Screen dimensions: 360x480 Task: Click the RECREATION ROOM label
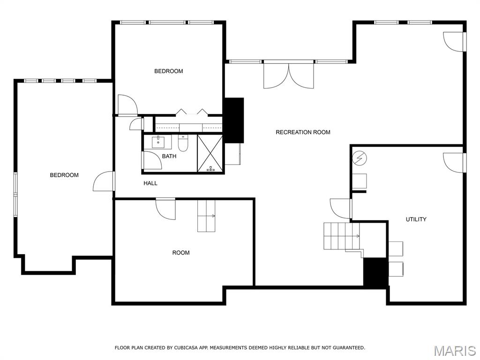303,132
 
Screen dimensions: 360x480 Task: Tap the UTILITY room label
416,219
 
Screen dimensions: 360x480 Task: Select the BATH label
169,156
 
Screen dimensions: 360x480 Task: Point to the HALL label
150,183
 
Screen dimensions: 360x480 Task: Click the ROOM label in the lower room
181,253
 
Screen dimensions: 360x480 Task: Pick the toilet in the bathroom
183,142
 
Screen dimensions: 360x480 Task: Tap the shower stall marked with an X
210,153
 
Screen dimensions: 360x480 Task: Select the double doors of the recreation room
289,75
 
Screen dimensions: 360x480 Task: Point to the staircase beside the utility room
341,236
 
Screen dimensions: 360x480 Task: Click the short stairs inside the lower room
206,216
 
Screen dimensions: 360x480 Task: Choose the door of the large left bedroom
105,182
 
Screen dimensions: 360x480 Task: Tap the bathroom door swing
152,159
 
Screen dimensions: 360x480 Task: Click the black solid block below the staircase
375,272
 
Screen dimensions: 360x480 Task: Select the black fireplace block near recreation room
234,120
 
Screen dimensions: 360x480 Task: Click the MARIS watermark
455,351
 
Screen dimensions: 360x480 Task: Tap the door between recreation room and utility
341,208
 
